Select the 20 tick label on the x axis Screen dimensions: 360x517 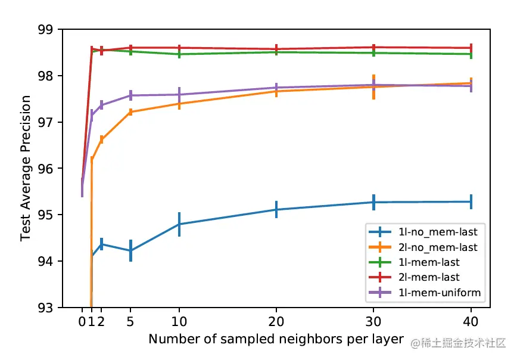pyautogui.click(x=276, y=322)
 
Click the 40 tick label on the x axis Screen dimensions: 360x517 pyautogui.click(x=471, y=322)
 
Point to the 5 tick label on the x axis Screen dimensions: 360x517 pyautogui.click(x=130, y=322)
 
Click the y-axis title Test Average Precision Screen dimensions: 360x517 pyautogui.click(x=26, y=169)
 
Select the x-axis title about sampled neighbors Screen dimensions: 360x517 pyautogui.click(x=276, y=339)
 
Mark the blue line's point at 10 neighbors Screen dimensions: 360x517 pyautogui.click(x=179, y=224)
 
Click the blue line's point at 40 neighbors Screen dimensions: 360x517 pyautogui.click(x=471, y=201)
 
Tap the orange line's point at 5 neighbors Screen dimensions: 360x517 pyautogui.click(x=130, y=112)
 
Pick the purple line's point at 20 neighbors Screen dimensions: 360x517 pyautogui.click(x=276, y=88)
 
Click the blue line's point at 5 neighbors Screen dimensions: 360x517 pyautogui.click(x=130, y=251)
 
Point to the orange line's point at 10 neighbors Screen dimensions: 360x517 pyautogui.click(x=179, y=104)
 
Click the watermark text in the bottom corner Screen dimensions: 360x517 pyautogui.click(x=459, y=343)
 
